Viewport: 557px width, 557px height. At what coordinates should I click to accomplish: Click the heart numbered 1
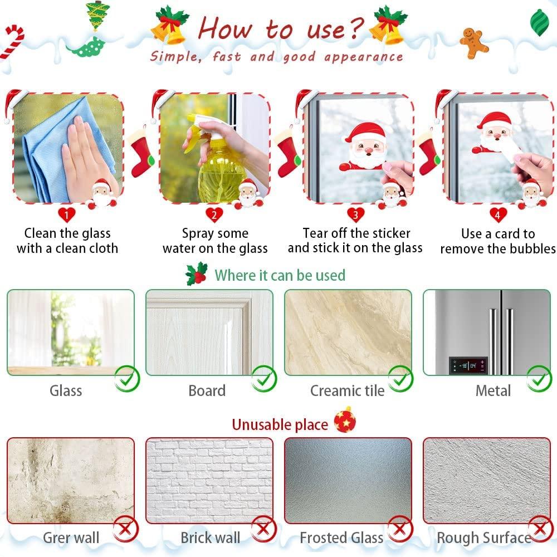[66, 215]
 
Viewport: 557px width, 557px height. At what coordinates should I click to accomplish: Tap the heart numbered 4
[497, 215]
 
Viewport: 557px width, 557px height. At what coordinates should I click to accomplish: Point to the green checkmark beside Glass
[127, 379]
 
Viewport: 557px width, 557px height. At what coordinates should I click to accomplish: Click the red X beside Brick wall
[263, 529]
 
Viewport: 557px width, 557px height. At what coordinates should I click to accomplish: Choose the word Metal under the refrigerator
[493, 391]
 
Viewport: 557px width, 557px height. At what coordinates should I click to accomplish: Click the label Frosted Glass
[341, 538]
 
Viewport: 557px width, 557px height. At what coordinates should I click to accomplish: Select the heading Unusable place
[280, 424]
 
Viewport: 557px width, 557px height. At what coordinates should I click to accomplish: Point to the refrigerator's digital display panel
[468, 365]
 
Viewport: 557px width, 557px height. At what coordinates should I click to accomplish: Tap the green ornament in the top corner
[540, 22]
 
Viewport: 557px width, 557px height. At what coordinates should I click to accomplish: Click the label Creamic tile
[348, 391]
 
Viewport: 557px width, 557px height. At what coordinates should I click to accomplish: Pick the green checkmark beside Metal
[539, 379]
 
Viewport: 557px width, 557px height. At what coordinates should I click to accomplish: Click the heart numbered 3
[355, 215]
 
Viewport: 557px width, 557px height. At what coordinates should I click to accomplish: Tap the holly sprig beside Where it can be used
[196, 273]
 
